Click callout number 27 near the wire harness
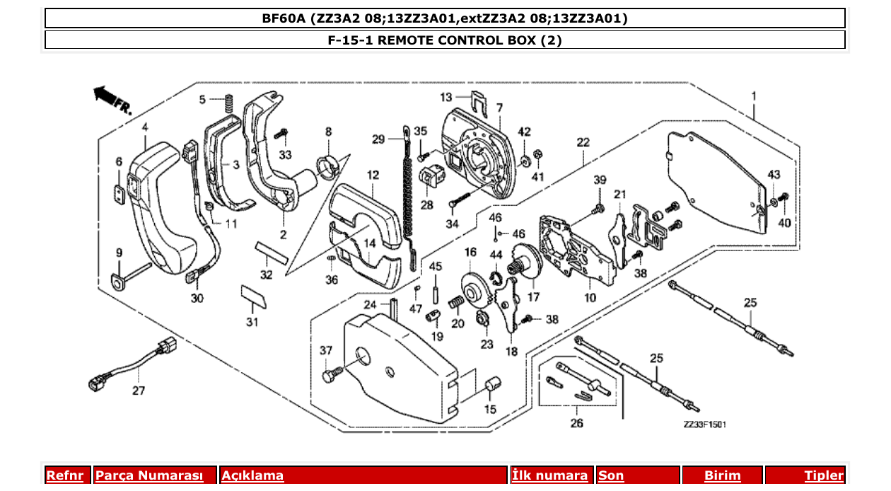(x=139, y=390)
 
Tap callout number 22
(x=583, y=142)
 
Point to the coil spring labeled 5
(x=228, y=103)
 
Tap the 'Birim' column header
(x=722, y=475)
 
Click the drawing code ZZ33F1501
(x=704, y=424)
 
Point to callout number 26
(x=577, y=424)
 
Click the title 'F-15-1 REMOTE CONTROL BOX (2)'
(x=445, y=40)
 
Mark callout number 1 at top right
(x=754, y=96)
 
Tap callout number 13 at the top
(x=446, y=97)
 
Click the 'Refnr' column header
(x=68, y=475)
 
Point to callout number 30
(x=197, y=299)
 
